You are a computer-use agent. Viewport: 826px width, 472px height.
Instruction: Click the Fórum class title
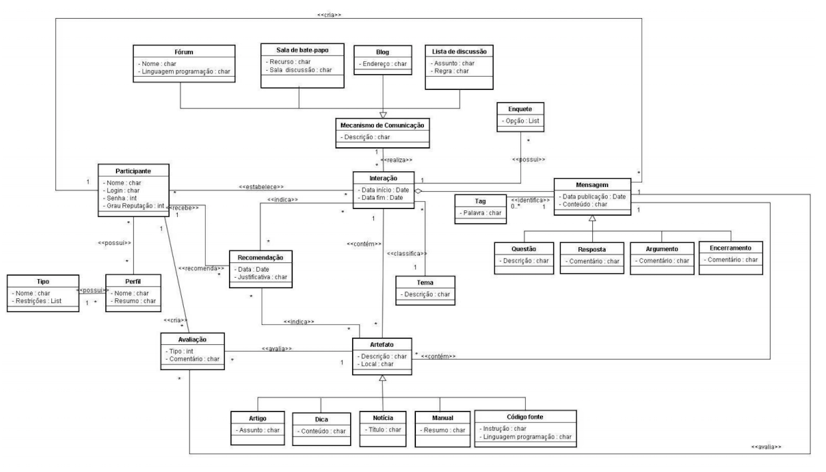[x=184, y=52]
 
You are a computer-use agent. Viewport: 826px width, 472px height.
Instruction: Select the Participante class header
[x=133, y=171]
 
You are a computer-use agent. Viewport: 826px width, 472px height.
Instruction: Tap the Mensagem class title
[x=592, y=185]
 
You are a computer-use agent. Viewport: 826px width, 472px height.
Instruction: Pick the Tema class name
[x=425, y=283]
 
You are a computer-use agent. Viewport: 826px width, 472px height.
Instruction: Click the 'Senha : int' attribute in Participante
[x=122, y=198]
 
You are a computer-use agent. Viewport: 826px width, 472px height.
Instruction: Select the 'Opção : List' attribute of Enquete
[x=520, y=121]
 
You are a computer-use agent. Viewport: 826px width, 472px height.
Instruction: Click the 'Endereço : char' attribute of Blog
[x=383, y=64]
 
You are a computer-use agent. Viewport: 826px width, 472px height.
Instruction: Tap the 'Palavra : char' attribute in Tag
[x=481, y=213]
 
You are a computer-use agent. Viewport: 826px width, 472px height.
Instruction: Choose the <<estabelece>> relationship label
[x=261, y=187]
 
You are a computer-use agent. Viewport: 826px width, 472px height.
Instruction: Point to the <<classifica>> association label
[x=407, y=253]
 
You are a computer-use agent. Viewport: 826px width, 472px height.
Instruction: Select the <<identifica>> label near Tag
[x=530, y=200]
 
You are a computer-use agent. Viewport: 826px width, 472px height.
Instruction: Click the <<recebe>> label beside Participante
[x=184, y=207]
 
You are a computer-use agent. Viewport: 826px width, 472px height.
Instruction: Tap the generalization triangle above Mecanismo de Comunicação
[x=383, y=115]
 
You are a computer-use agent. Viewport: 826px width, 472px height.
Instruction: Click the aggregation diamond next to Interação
[x=418, y=191]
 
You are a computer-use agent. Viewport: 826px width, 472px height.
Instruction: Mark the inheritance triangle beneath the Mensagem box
[x=592, y=219]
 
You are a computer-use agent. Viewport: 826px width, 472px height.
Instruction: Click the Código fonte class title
[x=525, y=417]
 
